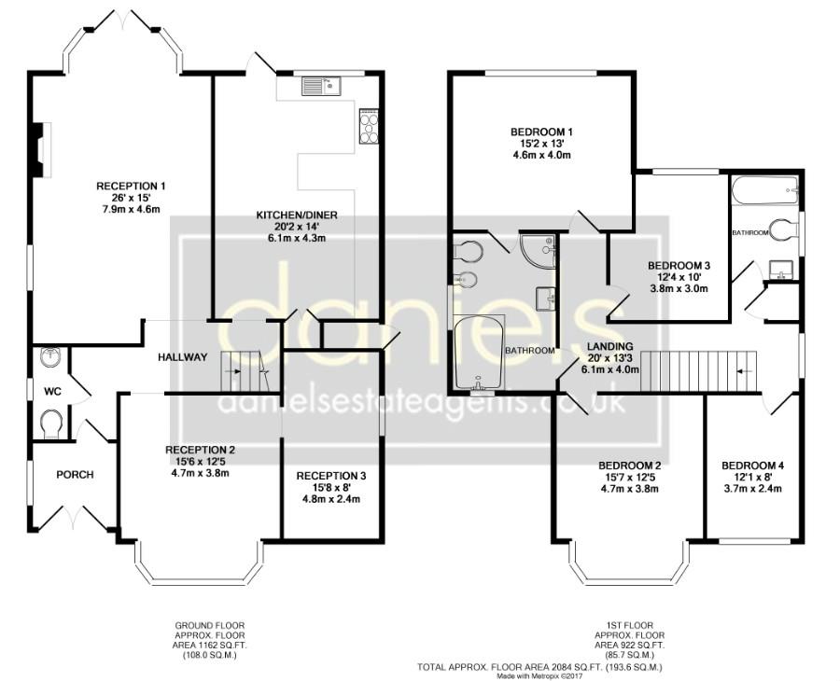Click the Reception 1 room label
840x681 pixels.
coord(131,186)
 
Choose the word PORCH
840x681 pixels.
coord(75,475)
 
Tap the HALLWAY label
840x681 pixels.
coord(182,357)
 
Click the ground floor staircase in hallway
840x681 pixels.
coord(243,372)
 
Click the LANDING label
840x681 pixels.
coord(610,346)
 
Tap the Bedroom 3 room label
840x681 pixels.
coord(679,266)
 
